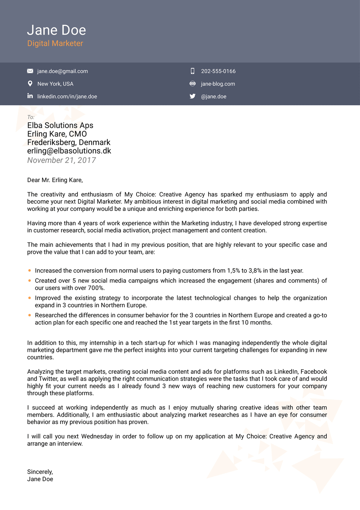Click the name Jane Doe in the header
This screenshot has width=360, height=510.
[x=56, y=30]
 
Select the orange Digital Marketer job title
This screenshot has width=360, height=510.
[x=55, y=43]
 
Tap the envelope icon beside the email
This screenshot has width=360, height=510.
[x=30, y=71]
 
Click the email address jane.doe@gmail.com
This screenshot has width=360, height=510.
[x=62, y=71]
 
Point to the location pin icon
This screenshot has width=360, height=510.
[x=30, y=84]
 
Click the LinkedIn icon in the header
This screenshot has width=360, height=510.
[x=30, y=96]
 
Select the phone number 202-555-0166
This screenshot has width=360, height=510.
[x=218, y=71]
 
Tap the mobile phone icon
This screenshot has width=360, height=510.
[x=193, y=71]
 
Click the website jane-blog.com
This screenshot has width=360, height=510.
[x=218, y=84]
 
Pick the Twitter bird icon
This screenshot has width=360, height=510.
[x=193, y=96]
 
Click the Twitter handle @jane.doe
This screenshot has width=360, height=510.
[x=213, y=97]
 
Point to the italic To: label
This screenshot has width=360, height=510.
[x=31, y=117]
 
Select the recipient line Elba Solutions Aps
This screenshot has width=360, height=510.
[x=60, y=125]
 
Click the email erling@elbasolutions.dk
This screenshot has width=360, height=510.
[x=69, y=151]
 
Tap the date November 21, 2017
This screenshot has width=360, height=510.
[x=61, y=160]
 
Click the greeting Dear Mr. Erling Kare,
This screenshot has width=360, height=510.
[x=55, y=180]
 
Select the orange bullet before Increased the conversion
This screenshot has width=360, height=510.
[x=29, y=271]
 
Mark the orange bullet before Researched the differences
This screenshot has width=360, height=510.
[x=29, y=315]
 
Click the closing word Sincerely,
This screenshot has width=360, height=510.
[x=40, y=472]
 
